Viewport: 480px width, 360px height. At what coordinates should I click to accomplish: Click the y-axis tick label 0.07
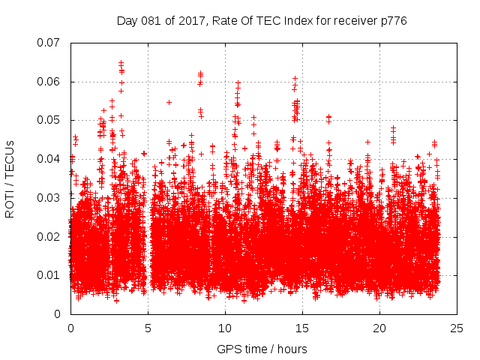(50, 43)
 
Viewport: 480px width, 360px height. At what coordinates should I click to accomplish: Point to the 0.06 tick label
(50, 82)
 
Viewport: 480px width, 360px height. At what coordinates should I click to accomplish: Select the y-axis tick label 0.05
(50, 120)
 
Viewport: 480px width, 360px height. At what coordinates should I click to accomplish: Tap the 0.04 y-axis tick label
(50, 159)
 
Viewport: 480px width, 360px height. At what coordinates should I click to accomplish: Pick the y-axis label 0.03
(50, 198)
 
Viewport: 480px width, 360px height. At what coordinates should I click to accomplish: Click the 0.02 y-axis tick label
(50, 237)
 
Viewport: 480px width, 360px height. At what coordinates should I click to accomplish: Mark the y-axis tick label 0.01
(50, 275)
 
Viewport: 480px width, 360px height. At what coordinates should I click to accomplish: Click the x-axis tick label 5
(148, 328)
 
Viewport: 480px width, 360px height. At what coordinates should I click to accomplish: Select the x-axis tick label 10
(225, 328)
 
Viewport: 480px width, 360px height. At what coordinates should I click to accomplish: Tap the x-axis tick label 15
(302, 328)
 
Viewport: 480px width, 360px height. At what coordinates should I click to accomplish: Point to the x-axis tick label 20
(379, 328)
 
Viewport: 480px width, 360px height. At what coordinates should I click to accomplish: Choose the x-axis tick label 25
(457, 328)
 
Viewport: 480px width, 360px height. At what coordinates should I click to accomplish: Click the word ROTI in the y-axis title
(10, 204)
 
